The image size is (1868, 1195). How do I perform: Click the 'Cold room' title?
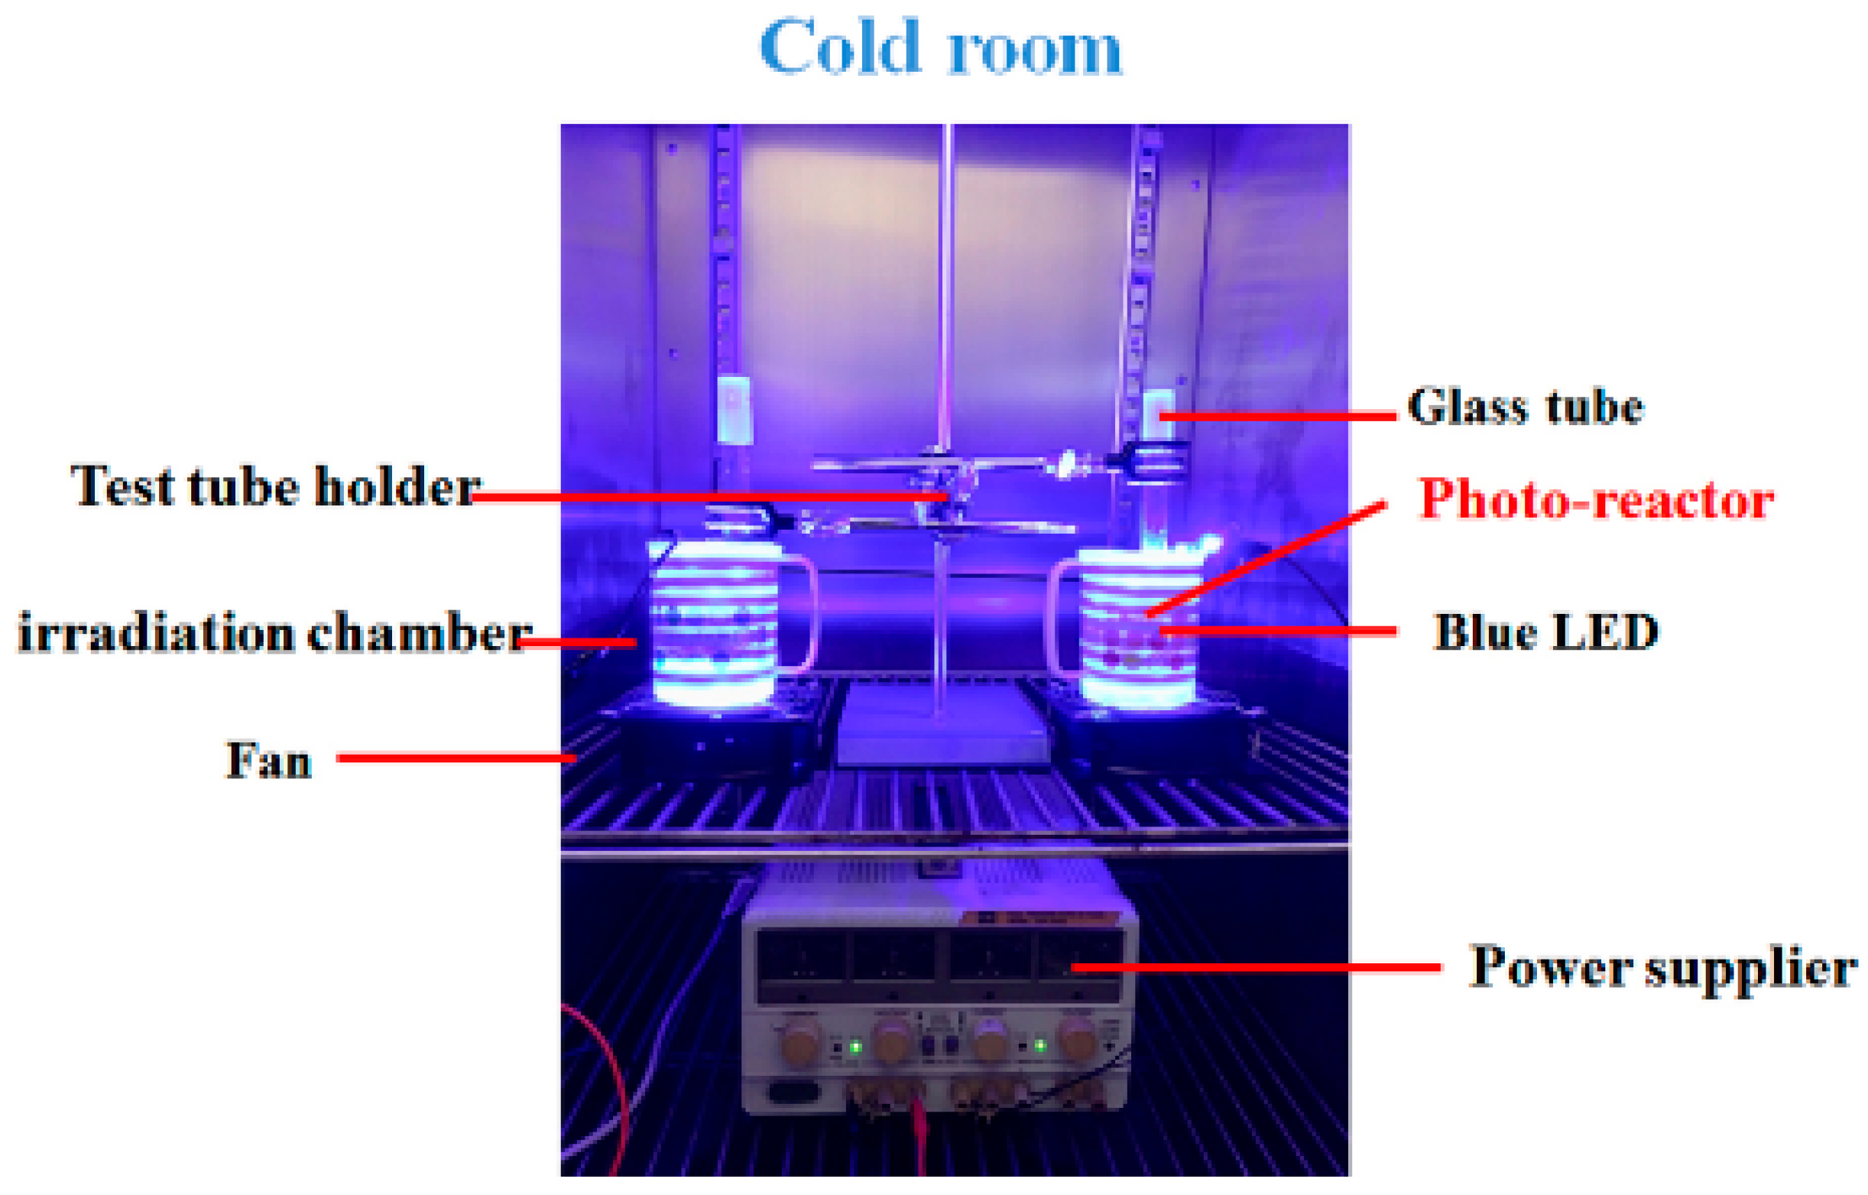click(940, 48)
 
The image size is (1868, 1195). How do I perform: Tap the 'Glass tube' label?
click(1525, 407)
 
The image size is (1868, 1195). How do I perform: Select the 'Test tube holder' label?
click(275, 486)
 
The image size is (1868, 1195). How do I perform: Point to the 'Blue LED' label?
click(1545, 632)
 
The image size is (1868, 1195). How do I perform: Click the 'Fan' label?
click(268, 760)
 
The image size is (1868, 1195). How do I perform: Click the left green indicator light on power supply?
click(855, 1047)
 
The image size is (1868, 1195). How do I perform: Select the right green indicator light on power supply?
click(1040, 1046)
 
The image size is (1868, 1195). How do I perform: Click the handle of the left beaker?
click(803, 613)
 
